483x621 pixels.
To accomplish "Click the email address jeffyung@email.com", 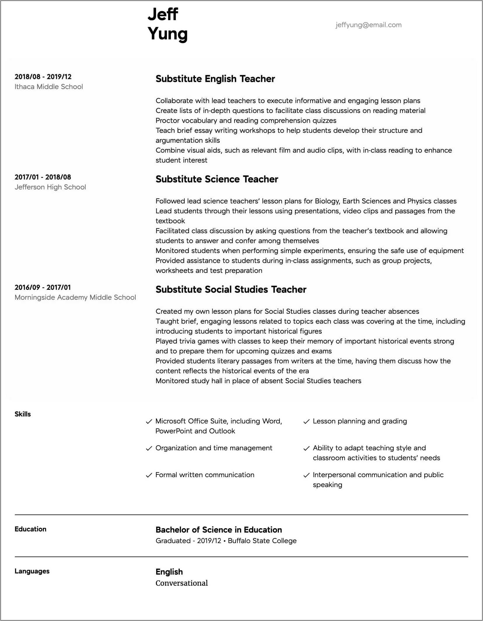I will point(368,25).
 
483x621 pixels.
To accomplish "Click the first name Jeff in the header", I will point(163,14).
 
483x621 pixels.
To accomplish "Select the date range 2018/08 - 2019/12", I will point(43,77).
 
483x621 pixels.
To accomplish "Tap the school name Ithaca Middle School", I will point(49,87).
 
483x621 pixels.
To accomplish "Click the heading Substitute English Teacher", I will point(215,79).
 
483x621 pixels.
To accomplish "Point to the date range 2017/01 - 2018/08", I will point(43,177).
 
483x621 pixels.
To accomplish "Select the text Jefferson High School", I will point(50,187).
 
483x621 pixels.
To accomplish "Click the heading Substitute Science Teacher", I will point(217,179).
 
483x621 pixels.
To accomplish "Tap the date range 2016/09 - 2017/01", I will point(43,287).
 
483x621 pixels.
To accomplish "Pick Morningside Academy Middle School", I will point(75,297).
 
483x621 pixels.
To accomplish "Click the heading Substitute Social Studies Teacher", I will point(231,289).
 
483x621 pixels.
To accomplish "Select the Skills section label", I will point(23,414).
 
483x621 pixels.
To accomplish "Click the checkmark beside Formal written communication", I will point(149,475).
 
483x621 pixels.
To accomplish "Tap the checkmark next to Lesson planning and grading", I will point(306,422).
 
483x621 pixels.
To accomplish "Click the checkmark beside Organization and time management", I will point(149,449).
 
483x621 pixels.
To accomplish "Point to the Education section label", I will point(30,529).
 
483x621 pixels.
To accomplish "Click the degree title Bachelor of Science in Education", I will point(218,530).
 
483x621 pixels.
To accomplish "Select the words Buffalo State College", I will point(262,541).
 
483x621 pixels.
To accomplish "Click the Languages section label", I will point(32,571).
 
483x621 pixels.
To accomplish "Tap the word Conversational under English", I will point(181,583).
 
